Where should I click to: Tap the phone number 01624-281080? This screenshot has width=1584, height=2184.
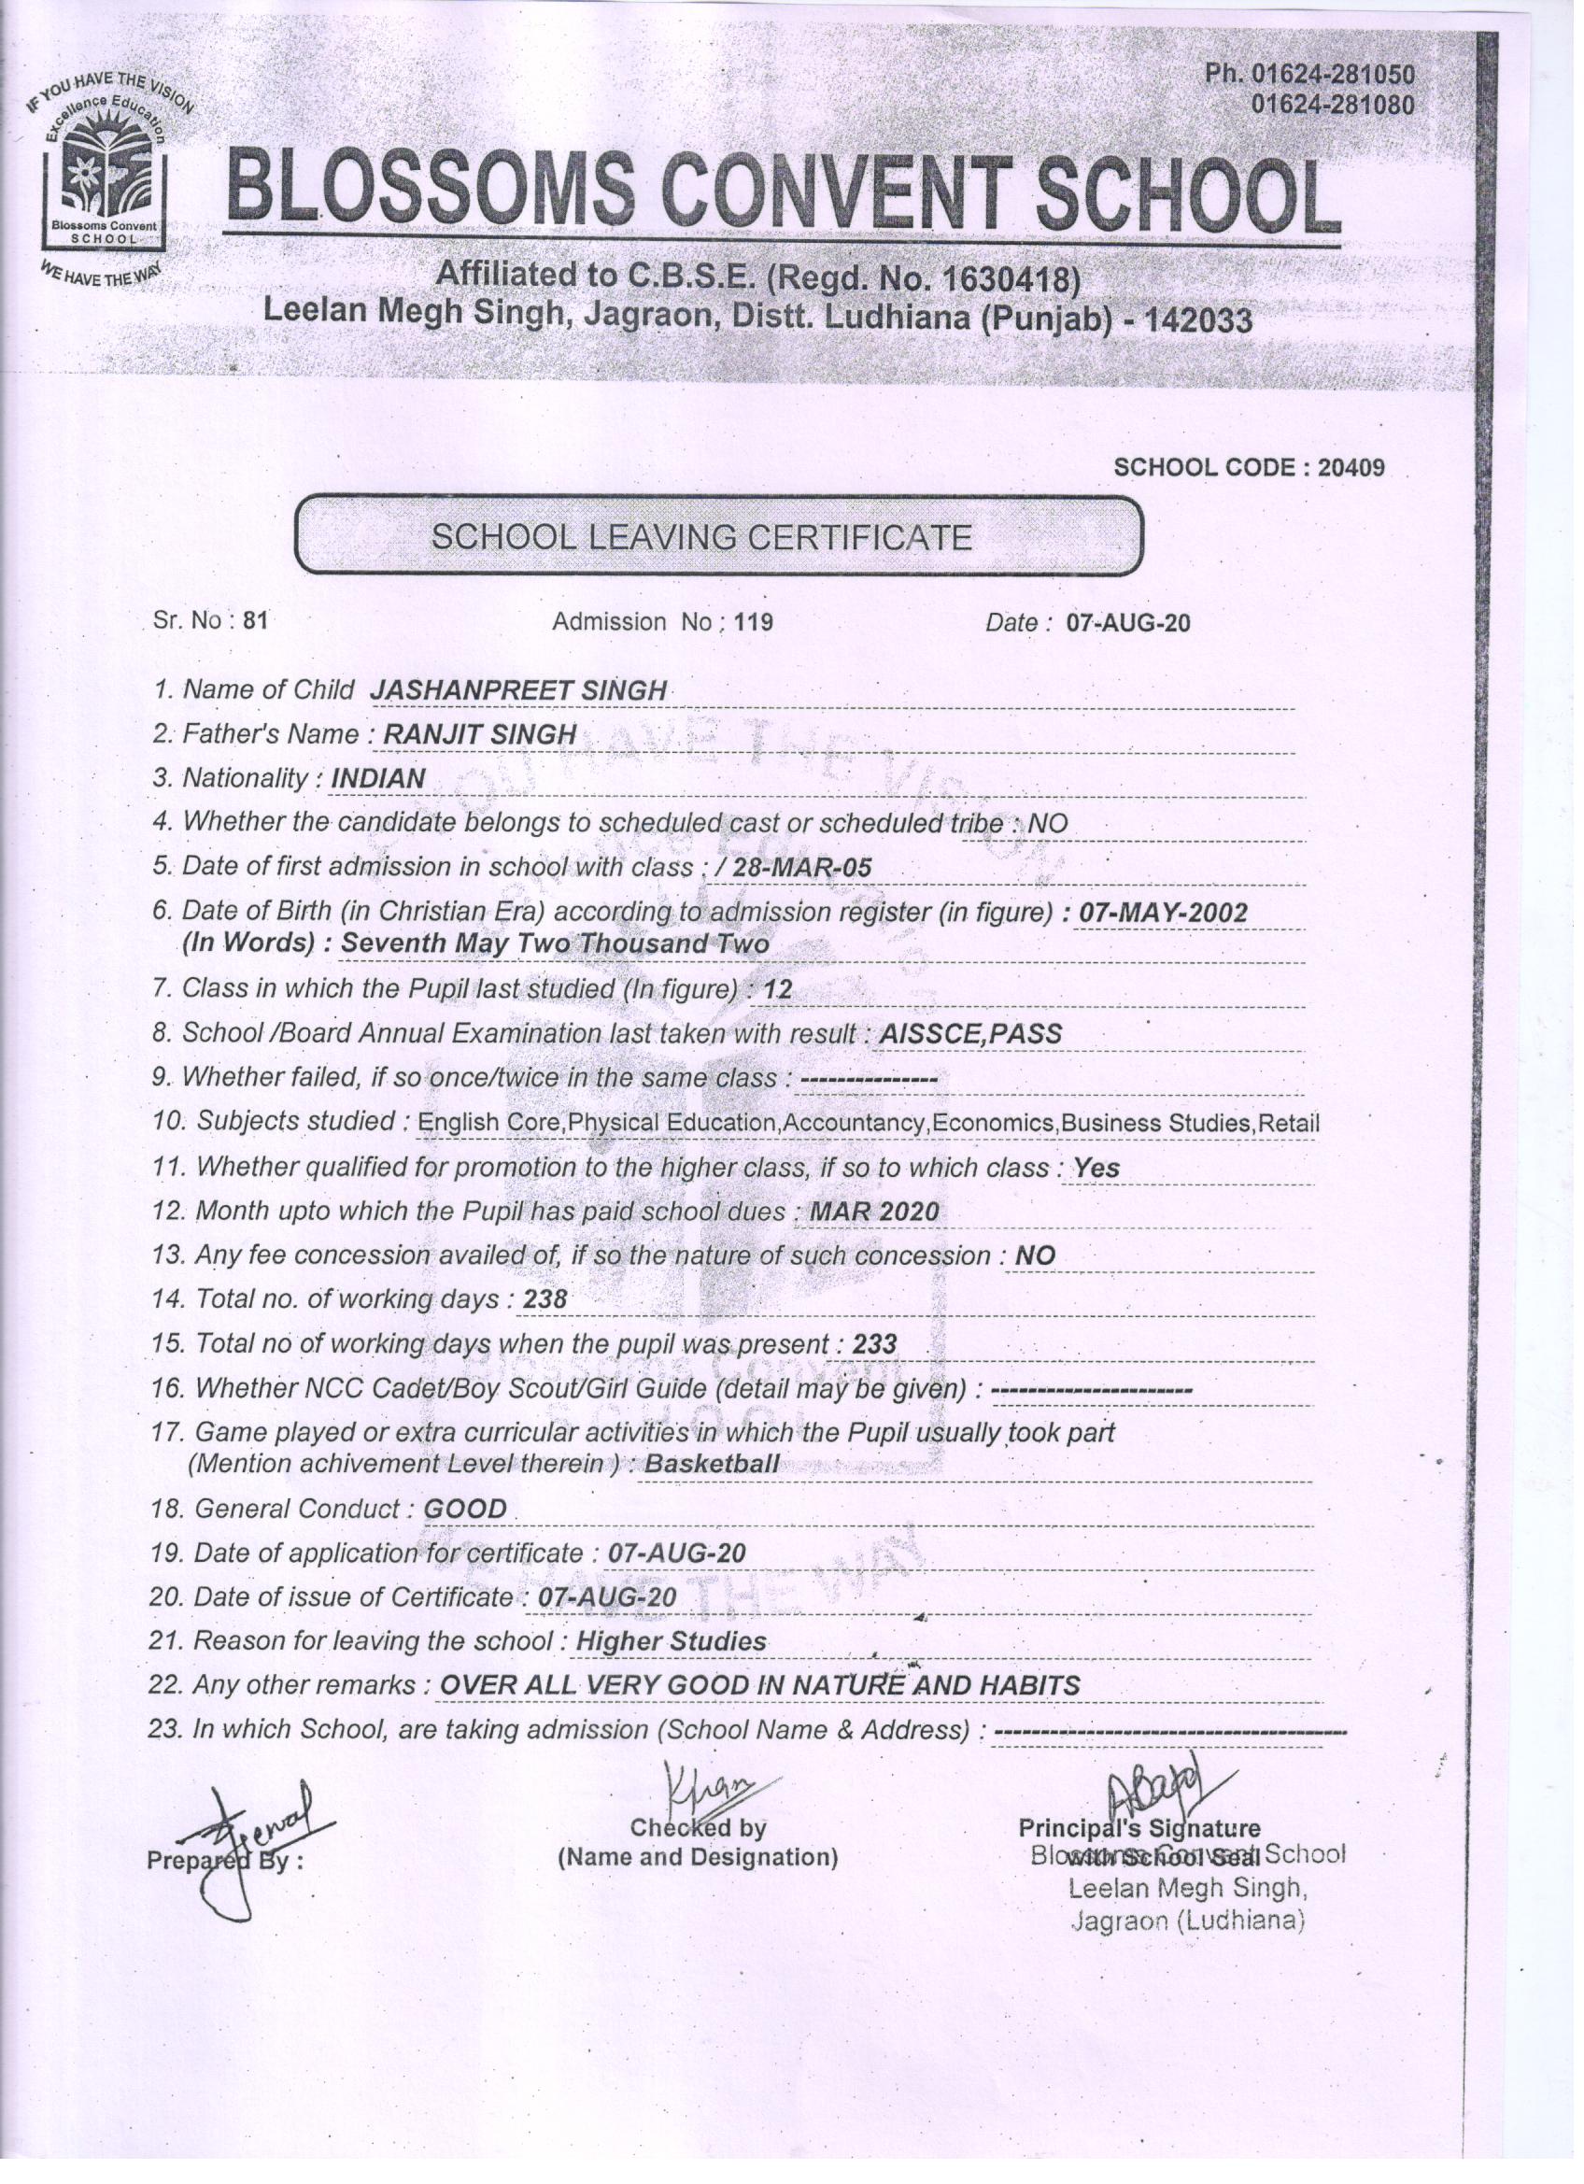[1332, 103]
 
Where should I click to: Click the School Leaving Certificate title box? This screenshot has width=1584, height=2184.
[718, 536]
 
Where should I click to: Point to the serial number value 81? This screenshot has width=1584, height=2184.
[255, 621]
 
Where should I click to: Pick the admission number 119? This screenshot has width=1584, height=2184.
[753, 623]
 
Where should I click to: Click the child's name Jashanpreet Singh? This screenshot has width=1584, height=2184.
[518, 691]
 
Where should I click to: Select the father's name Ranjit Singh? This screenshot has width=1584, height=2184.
[479, 735]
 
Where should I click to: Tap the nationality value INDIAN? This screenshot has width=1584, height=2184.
[377, 779]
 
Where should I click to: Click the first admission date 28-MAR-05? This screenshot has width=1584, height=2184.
[802, 869]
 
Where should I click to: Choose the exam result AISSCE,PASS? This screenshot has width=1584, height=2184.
[970, 1034]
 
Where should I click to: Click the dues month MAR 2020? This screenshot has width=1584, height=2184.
[874, 1213]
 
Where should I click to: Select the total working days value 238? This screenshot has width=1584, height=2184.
[544, 1301]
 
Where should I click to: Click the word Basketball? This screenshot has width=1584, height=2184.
[712, 1465]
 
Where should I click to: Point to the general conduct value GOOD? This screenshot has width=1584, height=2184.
[465, 1509]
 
